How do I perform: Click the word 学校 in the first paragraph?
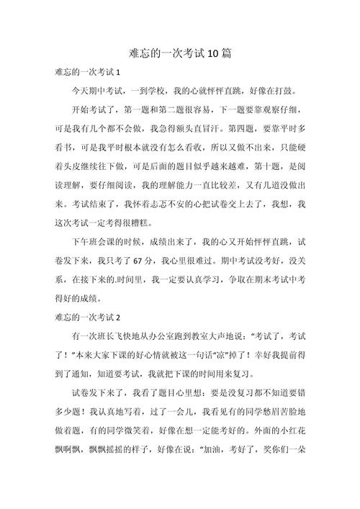[x=172, y=93]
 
